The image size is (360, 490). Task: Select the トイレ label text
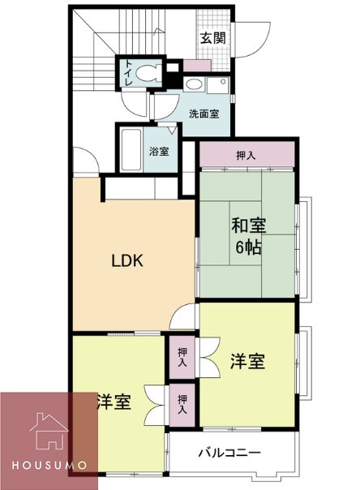(x=128, y=74)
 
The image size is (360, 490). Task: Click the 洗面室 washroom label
(x=204, y=114)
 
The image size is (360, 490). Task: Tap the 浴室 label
(x=159, y=151)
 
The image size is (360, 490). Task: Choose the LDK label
(x=127, y=261)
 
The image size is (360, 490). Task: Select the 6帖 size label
(x=248, y=247)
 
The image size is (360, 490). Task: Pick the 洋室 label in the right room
(x=246, y=362)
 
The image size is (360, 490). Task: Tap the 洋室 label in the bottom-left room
(x=114, y=402)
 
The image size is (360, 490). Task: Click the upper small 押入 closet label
(x=182, y=358)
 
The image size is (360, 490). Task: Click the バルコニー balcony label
(x=231, y=453)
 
